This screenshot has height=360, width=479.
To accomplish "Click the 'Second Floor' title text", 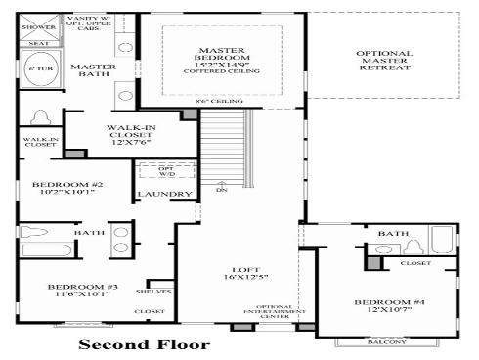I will pos(143,344).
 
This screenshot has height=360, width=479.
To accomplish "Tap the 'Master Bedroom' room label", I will pos(221,58).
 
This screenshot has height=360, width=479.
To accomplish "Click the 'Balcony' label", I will pos(382,342).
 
